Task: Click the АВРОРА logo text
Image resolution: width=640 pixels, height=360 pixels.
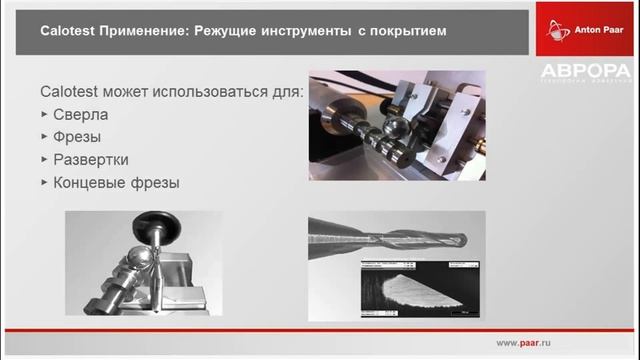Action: pyautogui.click(x=586, y=71)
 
